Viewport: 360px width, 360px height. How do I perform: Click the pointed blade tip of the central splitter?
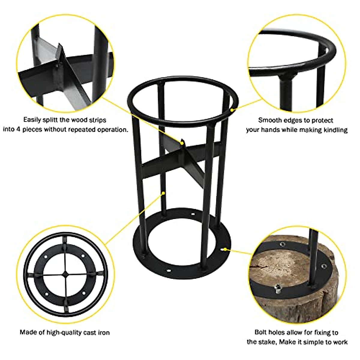182,140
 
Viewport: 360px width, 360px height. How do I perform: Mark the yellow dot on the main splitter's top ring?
232,110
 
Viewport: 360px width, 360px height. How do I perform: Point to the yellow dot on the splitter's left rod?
163,193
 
